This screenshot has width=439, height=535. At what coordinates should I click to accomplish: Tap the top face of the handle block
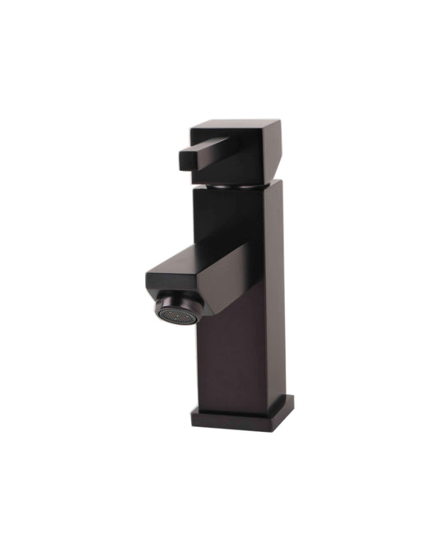235,128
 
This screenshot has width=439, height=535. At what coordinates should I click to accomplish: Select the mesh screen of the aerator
175,313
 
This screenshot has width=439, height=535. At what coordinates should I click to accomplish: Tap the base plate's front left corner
194,417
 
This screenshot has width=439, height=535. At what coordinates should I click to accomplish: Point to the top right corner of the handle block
279,122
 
